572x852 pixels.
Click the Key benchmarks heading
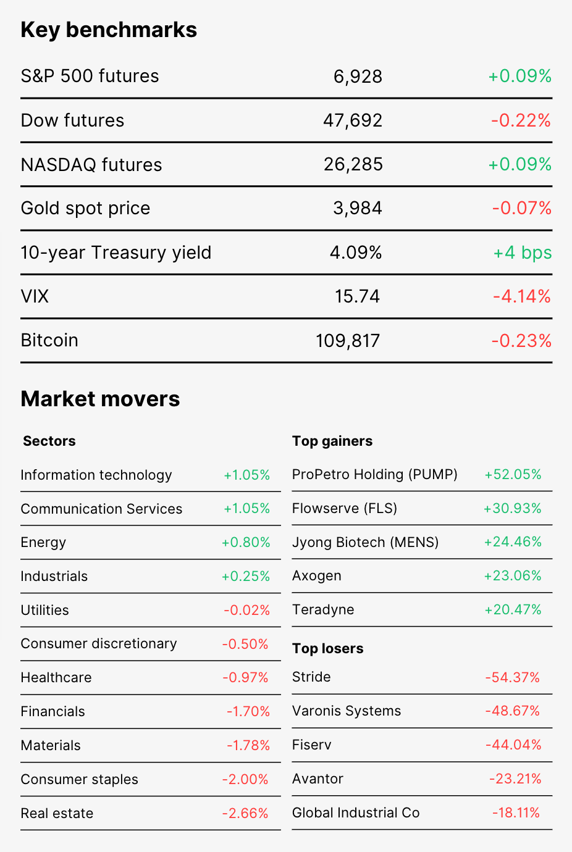point(109,30)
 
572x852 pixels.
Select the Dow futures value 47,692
point(353,121)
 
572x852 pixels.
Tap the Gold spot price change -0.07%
point(522,209)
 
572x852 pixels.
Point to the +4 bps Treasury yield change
point(523,253)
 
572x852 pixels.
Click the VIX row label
point(35,297)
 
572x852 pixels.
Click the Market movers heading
point(101,399)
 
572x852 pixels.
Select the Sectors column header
point(49,441)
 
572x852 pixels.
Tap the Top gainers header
point(332,441)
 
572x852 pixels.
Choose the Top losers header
point(327,648)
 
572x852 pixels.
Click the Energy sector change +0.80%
point(246,543)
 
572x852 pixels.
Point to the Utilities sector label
point(44,610)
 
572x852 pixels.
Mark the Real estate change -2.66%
point(245,813)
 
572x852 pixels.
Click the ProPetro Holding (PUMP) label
point(375,475)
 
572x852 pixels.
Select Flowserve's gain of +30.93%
point(512,509)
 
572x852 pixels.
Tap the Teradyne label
point(323,610)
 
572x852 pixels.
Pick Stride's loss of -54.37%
point(513,677)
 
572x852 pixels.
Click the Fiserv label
point(312,745)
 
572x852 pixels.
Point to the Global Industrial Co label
point(356,813)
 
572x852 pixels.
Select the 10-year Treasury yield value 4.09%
point(356,253)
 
